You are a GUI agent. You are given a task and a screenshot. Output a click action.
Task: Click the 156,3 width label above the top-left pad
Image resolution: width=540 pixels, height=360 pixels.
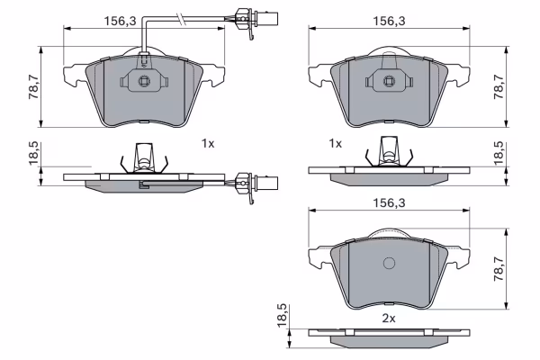[121, 21]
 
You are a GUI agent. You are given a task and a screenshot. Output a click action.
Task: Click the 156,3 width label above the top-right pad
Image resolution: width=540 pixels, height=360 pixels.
[389, 21]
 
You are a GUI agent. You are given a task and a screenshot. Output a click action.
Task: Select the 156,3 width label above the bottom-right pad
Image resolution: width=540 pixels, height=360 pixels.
[389, 202]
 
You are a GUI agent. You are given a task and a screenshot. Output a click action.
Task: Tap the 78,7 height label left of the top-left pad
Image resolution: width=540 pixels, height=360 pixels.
[34, 86]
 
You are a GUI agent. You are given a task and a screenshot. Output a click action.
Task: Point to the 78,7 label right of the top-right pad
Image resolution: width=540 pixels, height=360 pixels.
[499, 86]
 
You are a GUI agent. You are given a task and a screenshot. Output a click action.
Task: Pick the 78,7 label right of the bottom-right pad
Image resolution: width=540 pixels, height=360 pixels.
[499, 269]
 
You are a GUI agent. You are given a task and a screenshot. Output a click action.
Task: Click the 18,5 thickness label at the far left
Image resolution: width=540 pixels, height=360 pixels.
[34, 153]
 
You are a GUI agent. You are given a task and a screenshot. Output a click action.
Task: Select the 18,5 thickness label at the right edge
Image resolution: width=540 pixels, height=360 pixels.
[499, 153]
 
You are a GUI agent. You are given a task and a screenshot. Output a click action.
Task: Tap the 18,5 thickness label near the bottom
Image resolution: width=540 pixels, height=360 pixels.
[282, 316]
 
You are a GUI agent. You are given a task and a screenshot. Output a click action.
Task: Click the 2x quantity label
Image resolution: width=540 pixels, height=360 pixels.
[389, 319]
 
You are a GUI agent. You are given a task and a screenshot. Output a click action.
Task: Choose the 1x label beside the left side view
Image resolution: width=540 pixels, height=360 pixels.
[208, 143]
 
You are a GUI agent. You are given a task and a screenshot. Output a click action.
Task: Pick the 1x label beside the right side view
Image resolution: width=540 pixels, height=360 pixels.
[335, 143]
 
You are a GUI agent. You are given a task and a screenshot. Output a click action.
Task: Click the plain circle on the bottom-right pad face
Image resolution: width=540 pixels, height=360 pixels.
[389, 263]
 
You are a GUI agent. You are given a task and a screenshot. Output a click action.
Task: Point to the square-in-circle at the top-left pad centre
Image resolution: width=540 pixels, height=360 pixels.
[144, 81]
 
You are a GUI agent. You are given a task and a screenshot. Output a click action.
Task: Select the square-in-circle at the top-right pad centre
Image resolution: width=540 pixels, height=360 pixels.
[389, 81]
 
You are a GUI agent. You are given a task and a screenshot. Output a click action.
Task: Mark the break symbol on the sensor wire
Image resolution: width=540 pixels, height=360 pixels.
[181, 19]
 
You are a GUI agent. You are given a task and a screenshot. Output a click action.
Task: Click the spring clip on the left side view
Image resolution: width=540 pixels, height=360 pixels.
[144, 157]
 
